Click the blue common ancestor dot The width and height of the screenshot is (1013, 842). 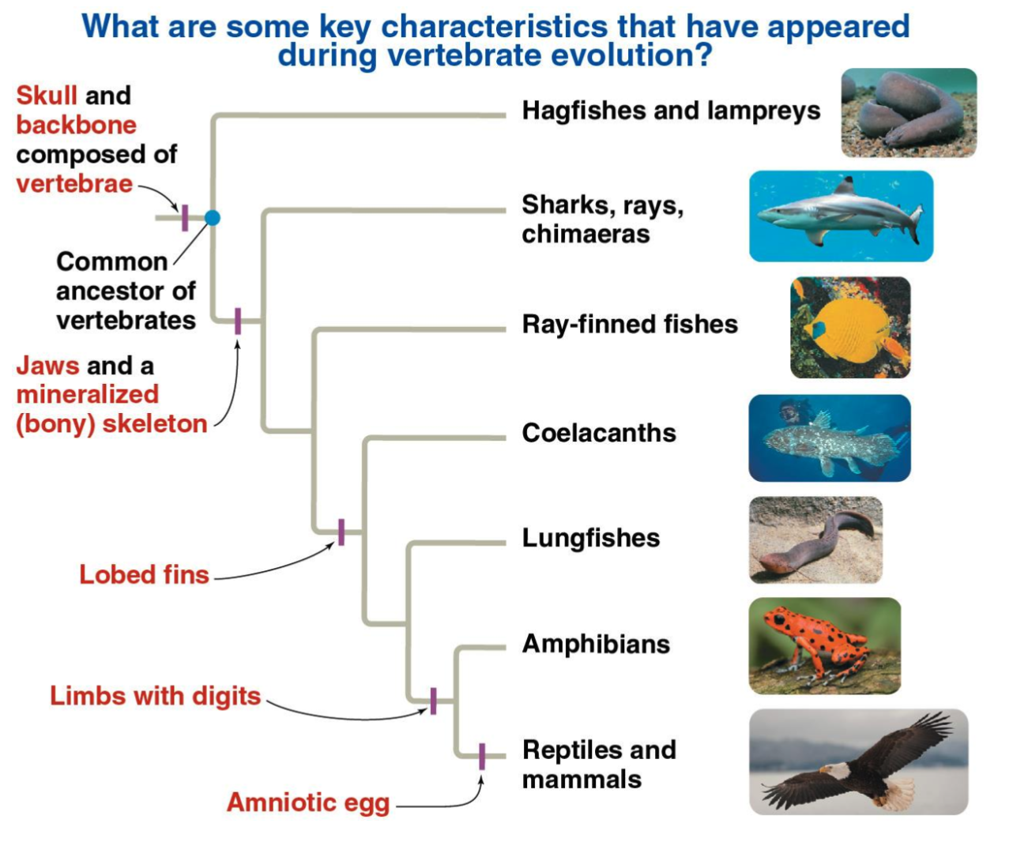(x=212, y=217)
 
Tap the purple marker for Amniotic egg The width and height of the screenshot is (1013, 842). (x=482, y=756)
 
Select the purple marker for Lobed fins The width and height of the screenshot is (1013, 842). (x=341, y=532)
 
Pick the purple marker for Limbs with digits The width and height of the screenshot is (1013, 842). (x=433, y=701)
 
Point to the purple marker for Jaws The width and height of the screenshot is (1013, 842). (x=238, y=321)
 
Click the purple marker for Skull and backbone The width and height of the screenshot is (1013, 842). (x=185, y=217)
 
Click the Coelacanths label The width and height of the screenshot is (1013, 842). (x=599, y=433)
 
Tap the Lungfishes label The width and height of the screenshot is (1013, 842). (x=590, y=538)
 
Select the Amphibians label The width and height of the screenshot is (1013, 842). (x=596, y=644)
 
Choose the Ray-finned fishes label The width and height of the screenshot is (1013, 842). (x=630, y=324)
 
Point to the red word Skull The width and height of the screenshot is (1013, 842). (x=47, y=96)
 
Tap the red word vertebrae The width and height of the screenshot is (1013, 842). (x=74, y=184)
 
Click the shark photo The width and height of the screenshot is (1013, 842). (x=841, y=216)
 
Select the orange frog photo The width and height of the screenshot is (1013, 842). (x=824, y=645)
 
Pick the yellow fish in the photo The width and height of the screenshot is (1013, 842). (x=847, y=328)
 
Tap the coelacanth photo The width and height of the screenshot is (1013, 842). (x=829, y=438)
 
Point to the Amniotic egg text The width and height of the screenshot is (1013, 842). (x=308, y=803)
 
